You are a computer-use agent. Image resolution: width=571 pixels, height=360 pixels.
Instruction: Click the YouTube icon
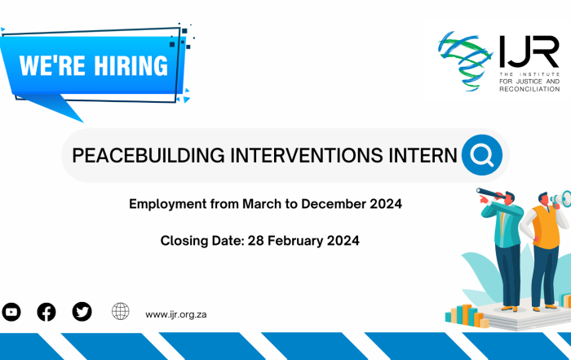[11, 312]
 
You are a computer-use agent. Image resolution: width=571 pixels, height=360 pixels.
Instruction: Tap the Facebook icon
[46, 312]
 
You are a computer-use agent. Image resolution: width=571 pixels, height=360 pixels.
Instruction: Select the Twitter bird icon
[82, 312]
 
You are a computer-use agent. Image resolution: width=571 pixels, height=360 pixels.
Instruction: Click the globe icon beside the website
[121, 311]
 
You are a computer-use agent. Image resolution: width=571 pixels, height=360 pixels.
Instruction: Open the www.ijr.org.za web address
[176, 314]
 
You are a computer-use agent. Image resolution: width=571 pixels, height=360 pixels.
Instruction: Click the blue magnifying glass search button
[482, 155]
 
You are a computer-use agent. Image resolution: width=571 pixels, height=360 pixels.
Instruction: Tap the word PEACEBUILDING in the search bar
[148, 155]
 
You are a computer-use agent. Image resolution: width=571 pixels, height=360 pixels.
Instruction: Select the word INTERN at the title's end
[423, 155]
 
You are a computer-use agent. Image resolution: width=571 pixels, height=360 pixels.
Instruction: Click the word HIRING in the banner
[131, 66]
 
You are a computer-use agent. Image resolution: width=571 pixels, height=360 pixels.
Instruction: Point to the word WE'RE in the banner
[52, 66]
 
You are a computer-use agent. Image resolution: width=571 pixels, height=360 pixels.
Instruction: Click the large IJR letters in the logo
[529, 51]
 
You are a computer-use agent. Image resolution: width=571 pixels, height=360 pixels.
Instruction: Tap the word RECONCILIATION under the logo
[529, 89]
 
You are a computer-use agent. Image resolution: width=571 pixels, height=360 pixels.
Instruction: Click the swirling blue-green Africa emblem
[464, 60]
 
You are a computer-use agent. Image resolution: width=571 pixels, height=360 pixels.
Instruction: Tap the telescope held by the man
[489, 193]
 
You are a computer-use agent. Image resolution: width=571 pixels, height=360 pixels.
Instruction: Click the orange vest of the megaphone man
[544, 227]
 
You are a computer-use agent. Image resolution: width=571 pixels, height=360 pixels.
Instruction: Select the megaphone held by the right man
[561, 199]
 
